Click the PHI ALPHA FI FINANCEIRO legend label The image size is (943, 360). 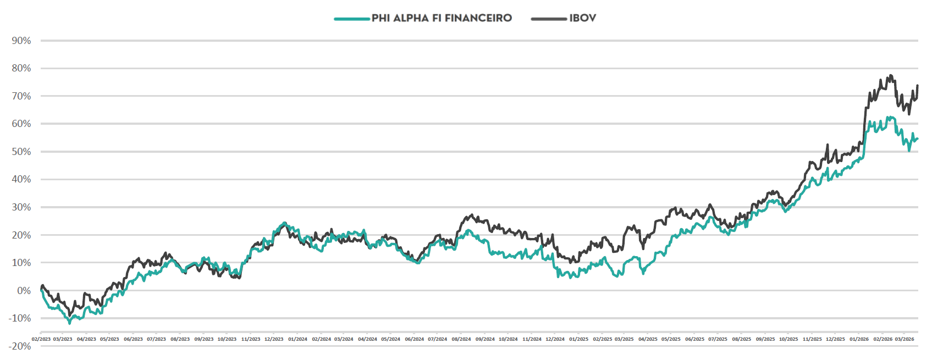442,18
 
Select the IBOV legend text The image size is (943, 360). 582,18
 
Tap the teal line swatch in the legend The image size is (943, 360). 351,19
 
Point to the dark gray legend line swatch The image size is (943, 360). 548,19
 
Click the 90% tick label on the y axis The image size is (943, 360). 21,41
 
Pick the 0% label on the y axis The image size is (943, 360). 24,291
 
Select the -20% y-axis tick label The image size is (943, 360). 20,346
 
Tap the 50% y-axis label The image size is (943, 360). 21,152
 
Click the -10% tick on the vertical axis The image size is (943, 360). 20,318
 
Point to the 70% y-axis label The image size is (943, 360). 21,96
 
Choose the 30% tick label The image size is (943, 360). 21,207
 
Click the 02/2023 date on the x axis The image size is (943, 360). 41,339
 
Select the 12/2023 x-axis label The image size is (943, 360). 274,339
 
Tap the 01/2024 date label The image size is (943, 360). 297,339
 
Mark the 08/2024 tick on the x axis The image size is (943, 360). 461,339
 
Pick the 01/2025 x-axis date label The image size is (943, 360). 578,339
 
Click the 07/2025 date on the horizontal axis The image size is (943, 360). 718,339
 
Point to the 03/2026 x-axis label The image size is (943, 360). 905,339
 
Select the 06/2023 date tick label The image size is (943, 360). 133,339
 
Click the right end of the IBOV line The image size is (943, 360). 918,86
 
